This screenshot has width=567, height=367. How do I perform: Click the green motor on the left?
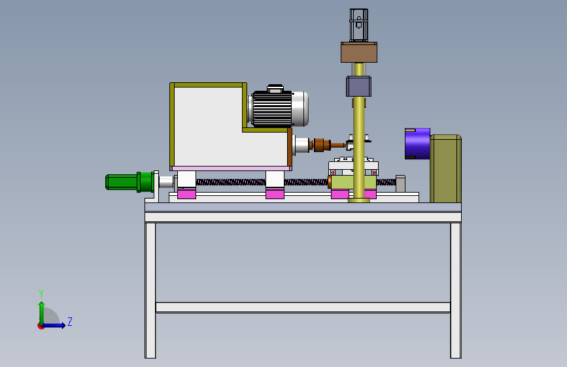(129, 182)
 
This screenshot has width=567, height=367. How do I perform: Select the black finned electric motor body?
(272, 108)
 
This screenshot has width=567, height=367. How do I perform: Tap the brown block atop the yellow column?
(359, 52)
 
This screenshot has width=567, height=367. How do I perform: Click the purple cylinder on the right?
(417, 144)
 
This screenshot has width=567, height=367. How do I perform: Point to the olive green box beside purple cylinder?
(445, 168)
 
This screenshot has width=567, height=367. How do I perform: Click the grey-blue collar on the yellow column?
(359, 86)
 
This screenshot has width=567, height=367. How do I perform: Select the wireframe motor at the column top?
(359, 25)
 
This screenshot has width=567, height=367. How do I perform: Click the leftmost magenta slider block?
(186, 195)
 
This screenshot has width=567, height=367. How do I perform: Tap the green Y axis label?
(41, 293)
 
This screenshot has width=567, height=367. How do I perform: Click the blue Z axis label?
(70, 321)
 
